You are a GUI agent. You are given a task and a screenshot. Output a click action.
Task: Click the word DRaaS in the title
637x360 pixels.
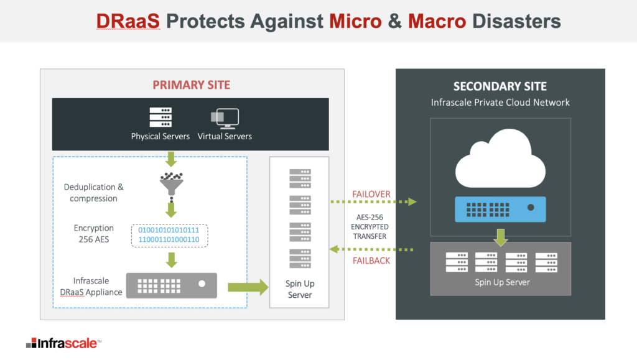click(128, 21)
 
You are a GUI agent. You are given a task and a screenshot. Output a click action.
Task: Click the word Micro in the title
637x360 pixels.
click(355, 21)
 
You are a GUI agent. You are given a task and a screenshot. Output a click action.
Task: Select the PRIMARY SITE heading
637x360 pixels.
click(192, 85)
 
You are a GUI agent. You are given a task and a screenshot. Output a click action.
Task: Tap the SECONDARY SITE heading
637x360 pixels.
click(500, 86)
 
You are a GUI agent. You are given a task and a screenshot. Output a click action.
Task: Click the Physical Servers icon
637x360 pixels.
click(160, 118)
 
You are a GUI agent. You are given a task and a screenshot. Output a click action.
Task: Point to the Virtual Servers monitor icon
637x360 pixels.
click(225, 119)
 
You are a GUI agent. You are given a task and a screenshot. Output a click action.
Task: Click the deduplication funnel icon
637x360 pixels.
click(172, 184)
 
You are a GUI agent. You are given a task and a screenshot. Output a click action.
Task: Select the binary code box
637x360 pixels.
click(169, 236)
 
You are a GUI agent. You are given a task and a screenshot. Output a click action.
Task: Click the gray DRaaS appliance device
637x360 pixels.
click(172, 286)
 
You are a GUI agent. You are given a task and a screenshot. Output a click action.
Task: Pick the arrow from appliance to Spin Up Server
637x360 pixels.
click(248, 287)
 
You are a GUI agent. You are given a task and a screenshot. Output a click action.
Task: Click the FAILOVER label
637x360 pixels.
click(371, 194)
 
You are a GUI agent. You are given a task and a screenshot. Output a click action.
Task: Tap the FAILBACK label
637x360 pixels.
click(371, 261)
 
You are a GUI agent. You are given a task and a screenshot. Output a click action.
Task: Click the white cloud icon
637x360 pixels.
click(500, 159)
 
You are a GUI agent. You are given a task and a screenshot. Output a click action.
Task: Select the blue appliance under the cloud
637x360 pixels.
click(500, 209)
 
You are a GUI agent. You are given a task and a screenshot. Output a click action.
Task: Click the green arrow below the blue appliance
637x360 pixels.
click(501, 238)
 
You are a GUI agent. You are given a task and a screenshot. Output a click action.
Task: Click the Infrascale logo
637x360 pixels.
click(63, 343)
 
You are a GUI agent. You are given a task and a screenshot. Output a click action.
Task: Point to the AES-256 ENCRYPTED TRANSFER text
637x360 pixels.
click(370, 227)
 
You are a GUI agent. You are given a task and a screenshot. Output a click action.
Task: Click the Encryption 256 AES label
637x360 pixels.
click(94, 234)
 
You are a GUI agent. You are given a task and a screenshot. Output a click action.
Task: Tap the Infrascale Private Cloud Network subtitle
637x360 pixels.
click(500, 103)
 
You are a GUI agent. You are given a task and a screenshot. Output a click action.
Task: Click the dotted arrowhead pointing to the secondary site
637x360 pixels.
click(412, 201)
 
